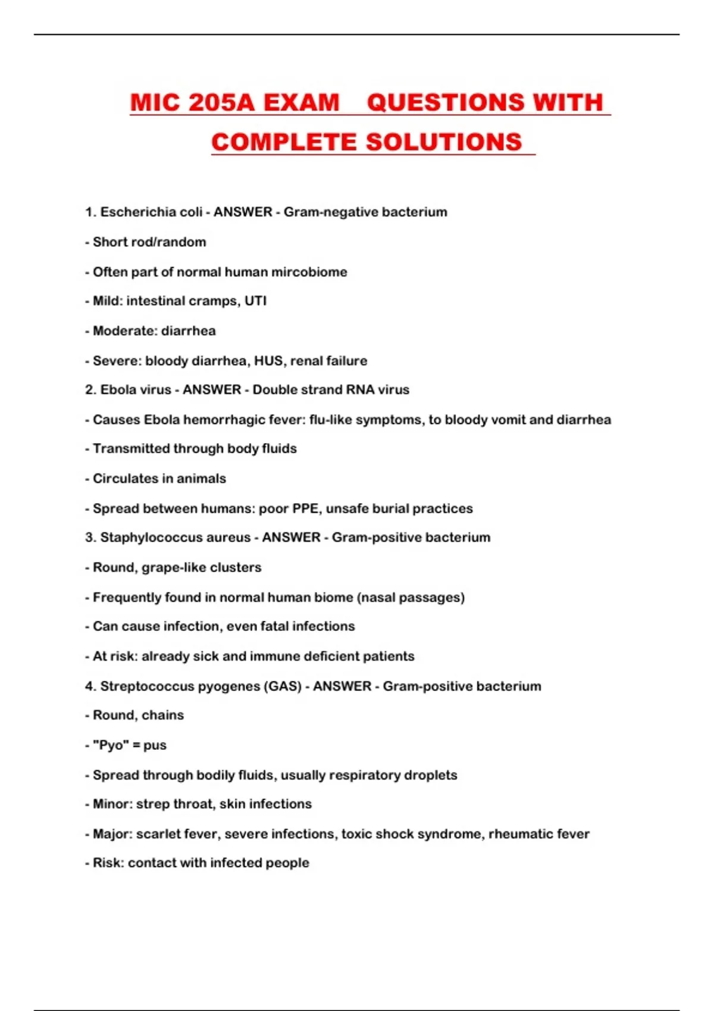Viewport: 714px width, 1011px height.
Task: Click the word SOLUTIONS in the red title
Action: [x=443, y=142]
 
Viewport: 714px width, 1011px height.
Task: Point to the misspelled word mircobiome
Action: [x=309, y=272]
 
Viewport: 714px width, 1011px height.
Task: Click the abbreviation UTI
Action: [x=255, y=301]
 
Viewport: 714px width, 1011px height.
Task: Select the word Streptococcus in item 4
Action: [x=148, y=686]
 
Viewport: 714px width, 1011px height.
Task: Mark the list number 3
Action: [x=89, y=538]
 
